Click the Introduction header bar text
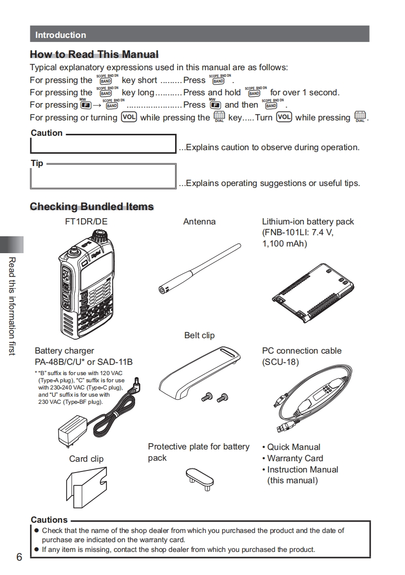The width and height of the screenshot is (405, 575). click(60, 35)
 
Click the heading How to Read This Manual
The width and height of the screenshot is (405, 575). click(94, 54)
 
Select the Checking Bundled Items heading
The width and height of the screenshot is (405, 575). click(92, 207)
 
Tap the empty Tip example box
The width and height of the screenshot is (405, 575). click(103, 176)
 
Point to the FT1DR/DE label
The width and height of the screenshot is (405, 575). click(86, 221)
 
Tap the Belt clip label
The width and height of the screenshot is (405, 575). click(199, 335)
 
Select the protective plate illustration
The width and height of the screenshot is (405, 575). click(200, 477)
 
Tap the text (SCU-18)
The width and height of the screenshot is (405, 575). click(280, 362)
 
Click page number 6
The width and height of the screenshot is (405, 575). click(19, 557)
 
